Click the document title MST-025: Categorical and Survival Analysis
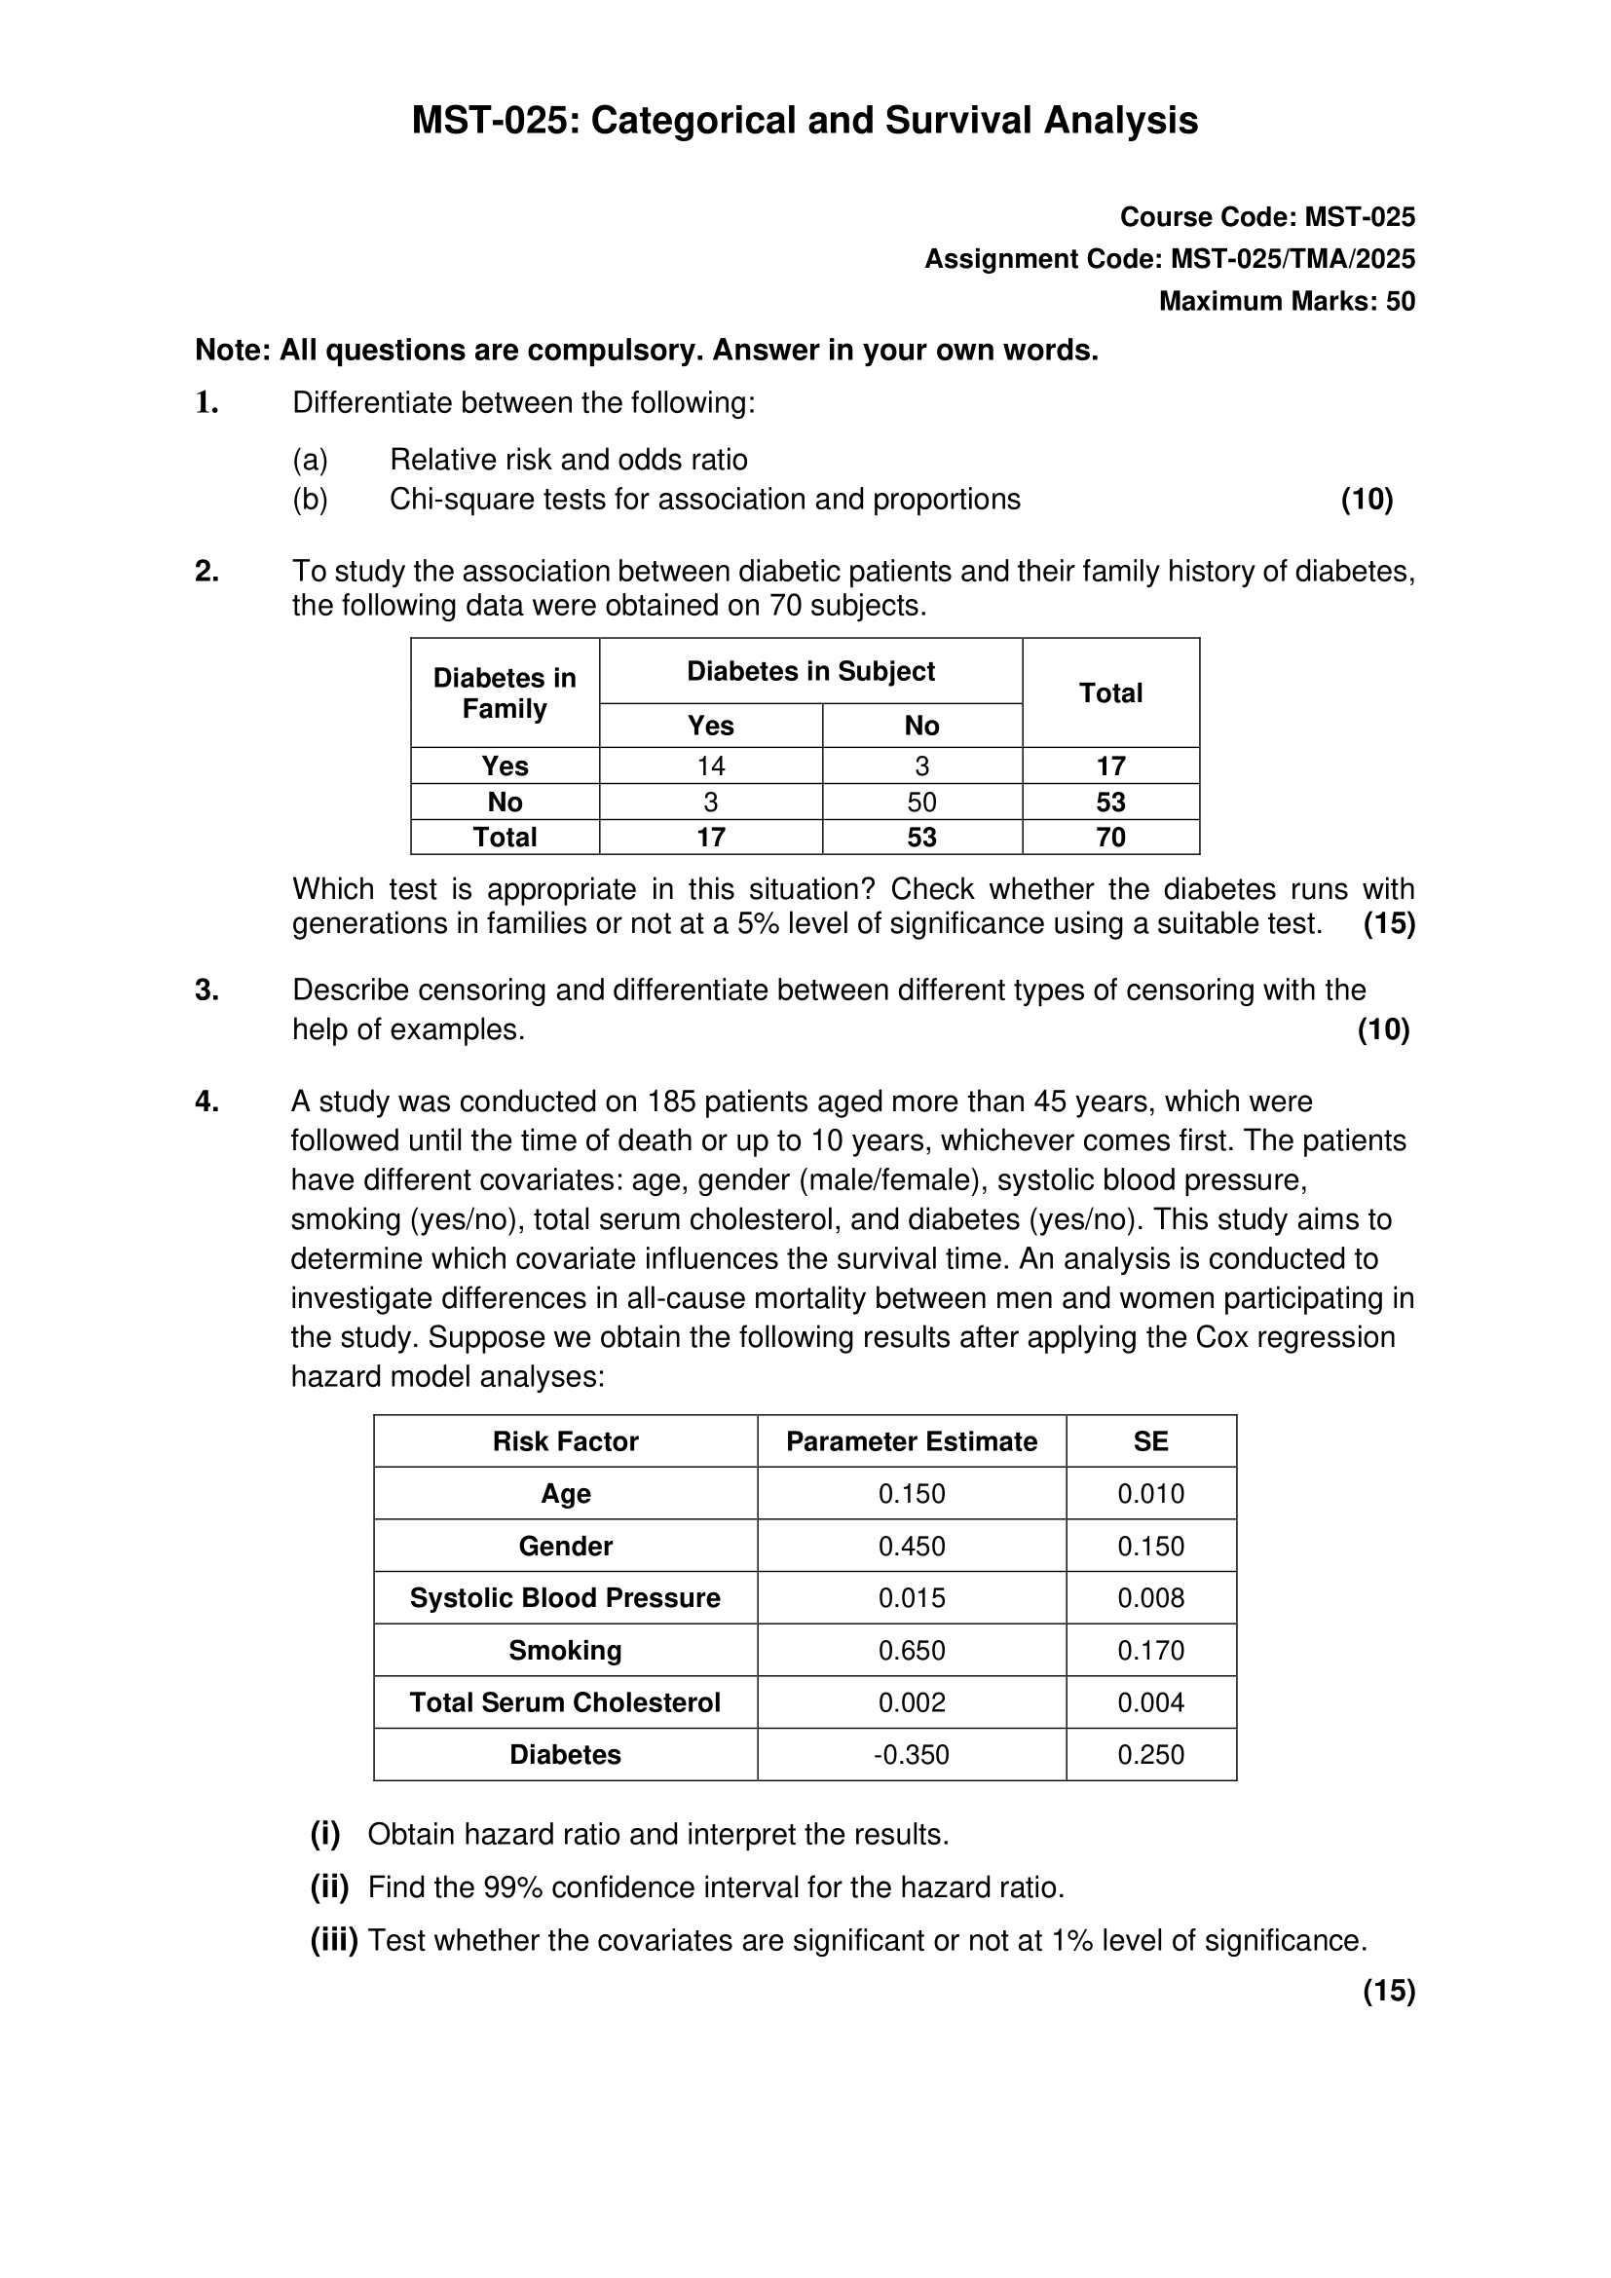click(x=805, y=121)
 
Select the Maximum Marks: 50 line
click(x=1287, y=302)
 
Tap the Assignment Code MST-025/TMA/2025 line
click(x=1170, y=259)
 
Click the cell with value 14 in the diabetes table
click(x=710, y=766)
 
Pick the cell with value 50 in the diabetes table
click(x=921, y=802)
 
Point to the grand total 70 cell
click(x=1110, y=838)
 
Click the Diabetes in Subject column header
click(x=810, y=672)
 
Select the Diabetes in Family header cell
click(x=505, y=692)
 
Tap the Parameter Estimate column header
click(x=912, y=1441)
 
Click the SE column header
click(x=1150, y=1441)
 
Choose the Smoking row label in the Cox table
click(x=566, y=1650)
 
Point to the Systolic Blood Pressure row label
click(x=566, y=1597)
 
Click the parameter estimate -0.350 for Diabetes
click(x=912, y=1754)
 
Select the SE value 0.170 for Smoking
click(x=1150, y=1650)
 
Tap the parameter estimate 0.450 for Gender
click(x=912, y=1546)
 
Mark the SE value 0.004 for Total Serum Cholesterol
click(x=1150, y=1702)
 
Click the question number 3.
click(x=206, y=990)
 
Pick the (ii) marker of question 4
click(x=329, y=1887)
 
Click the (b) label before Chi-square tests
click(x=310, y=499)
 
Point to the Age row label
click(x=566, y=1493)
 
